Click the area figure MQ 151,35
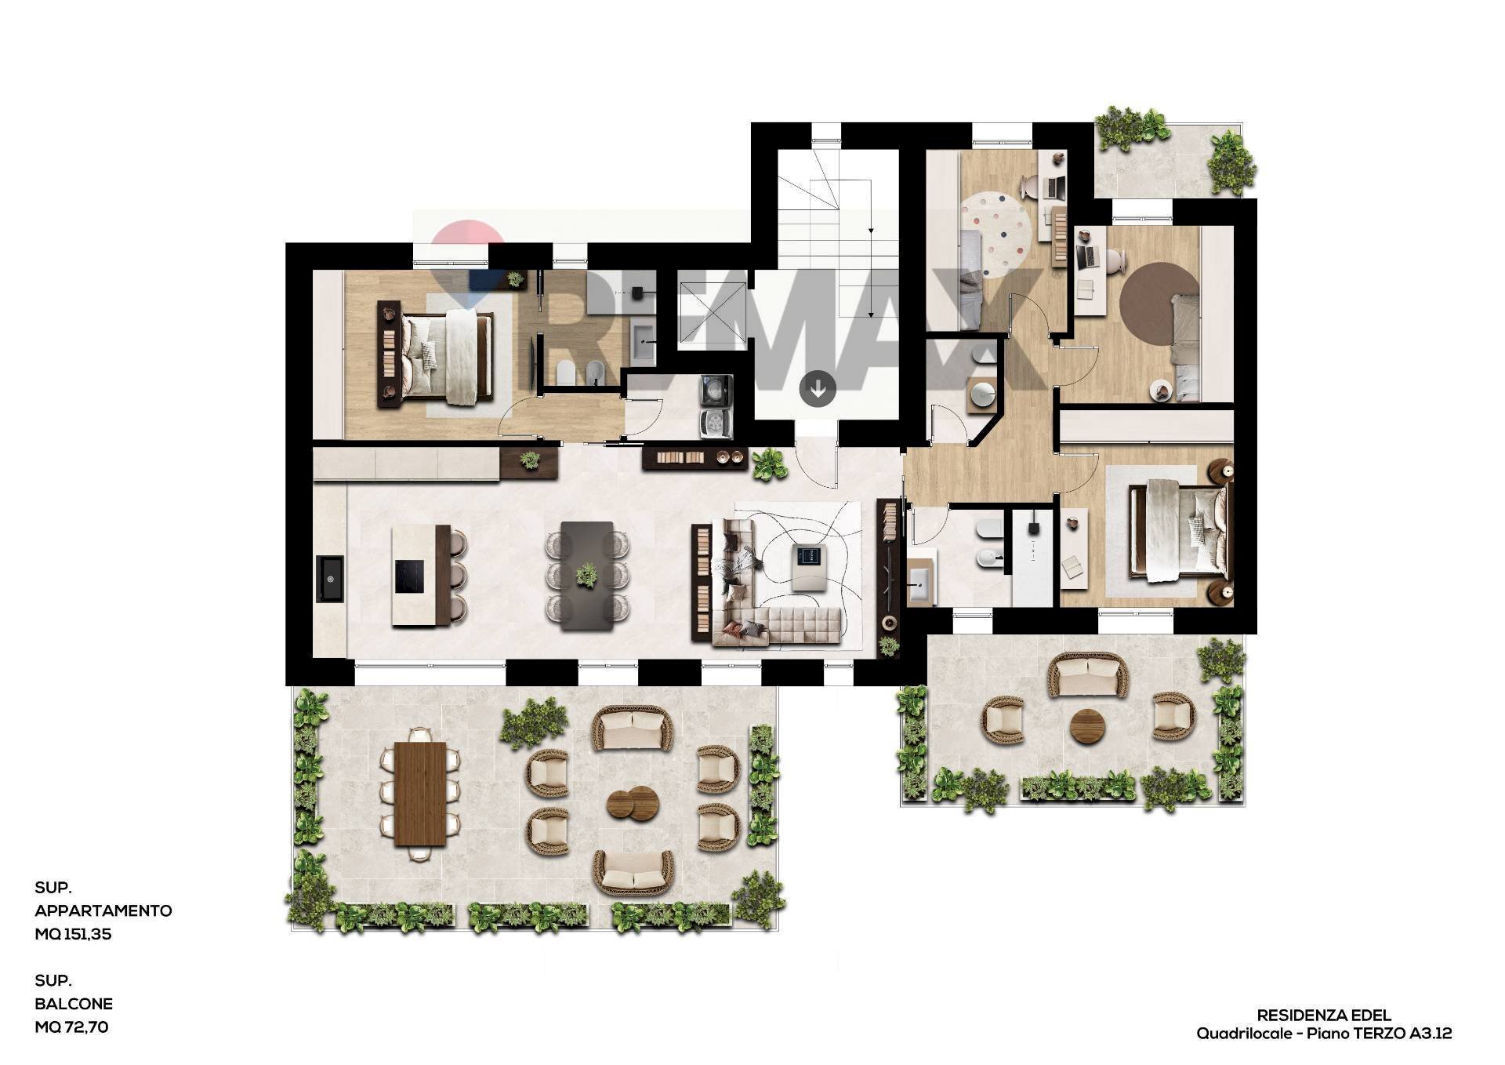click(73, 934)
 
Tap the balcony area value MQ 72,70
click(71, 1027)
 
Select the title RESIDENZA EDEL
click(1324, 1016)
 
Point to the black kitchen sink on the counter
click(330, 579)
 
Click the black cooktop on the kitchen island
click(409, 576)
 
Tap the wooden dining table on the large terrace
click(420, 794)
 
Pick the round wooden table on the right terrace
click(1088, 725)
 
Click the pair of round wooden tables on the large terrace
click(632, 802)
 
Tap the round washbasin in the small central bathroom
click(981, 394)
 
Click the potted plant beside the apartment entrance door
click(770, 464)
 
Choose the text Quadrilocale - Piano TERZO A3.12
click(1324, 1034)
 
